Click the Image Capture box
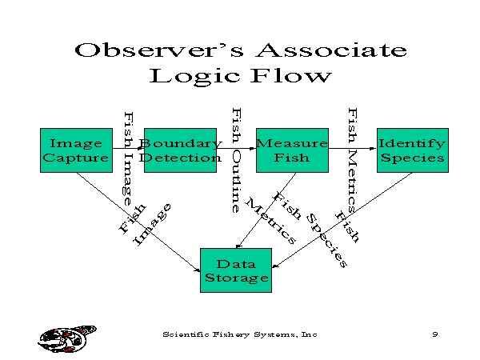(76, 150)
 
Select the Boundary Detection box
(180, 150)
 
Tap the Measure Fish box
(292, 150)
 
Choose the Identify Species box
(413, 150)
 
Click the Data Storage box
(236, 270)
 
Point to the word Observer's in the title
(159, 50)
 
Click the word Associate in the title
(331, 50)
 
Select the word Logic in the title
(194, 76)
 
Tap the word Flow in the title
(291, 76)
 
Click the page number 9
(435, 334)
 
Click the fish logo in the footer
(67, 339)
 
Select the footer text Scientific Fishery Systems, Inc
(240, 334)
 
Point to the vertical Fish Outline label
(236, 160)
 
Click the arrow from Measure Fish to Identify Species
(353, 149)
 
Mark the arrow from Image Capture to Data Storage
(138, 222)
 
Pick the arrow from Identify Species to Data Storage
(342, 220)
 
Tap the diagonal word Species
(326, 241)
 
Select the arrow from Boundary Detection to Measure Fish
(236, 149)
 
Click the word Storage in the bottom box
(237, 278)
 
